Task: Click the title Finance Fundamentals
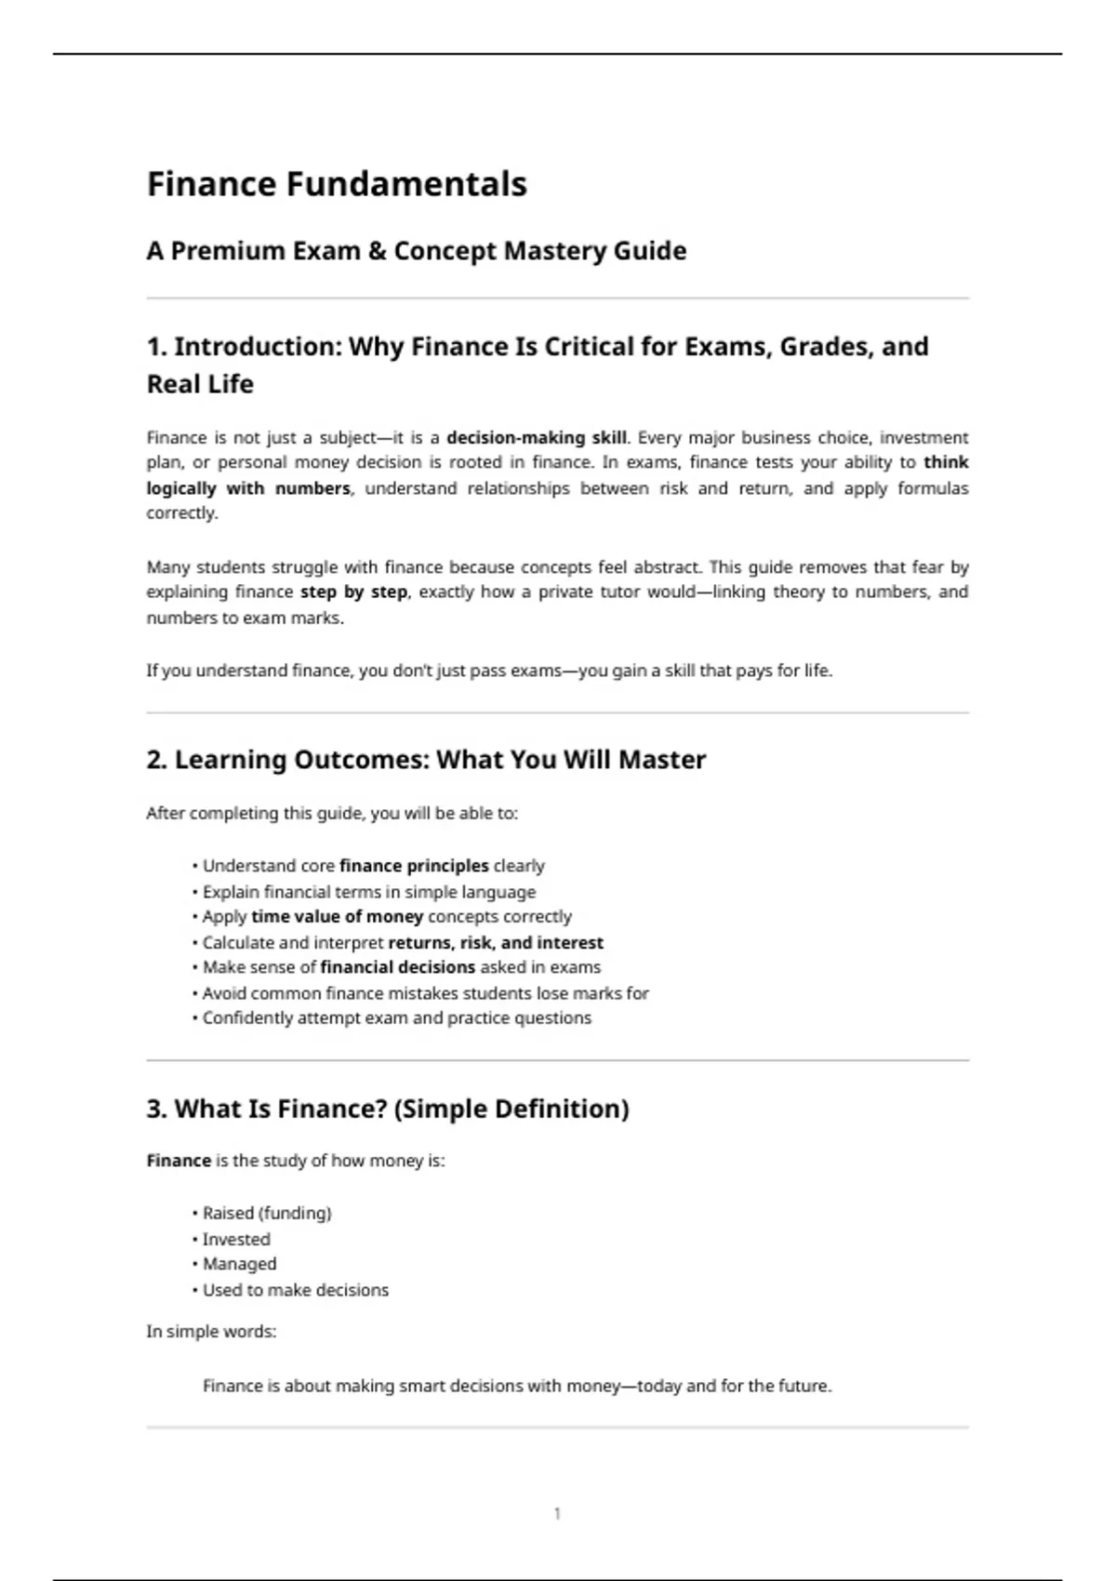[x=337, y=184]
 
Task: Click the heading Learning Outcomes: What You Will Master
[x=426, y=760]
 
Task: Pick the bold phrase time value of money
[x=337, y=917]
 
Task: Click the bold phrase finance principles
[x=414, y=866]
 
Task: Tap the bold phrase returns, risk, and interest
[x=496, y=943]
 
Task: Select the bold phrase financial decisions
[x=397, y=967]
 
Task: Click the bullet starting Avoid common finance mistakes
[x=425, y=993]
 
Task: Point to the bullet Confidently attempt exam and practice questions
[x=396, y=1018]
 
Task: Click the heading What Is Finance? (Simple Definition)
[x=388, y=1109]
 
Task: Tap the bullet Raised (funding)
[x=267, y=1214]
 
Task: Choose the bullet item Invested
[x=236, y=1240]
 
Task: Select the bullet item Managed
[x=239, y=1264]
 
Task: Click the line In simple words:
[x=211, y=1332]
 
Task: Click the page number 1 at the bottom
[x=557, y=1514]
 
